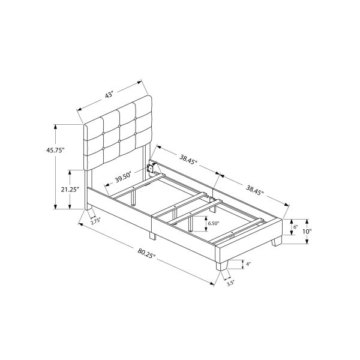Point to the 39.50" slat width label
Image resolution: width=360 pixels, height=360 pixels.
(123, 178)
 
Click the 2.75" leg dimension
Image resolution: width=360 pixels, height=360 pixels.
(95, 221)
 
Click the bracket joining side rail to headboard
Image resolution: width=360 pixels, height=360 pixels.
(151, 167)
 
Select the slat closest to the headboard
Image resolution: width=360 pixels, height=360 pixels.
(137, 187)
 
